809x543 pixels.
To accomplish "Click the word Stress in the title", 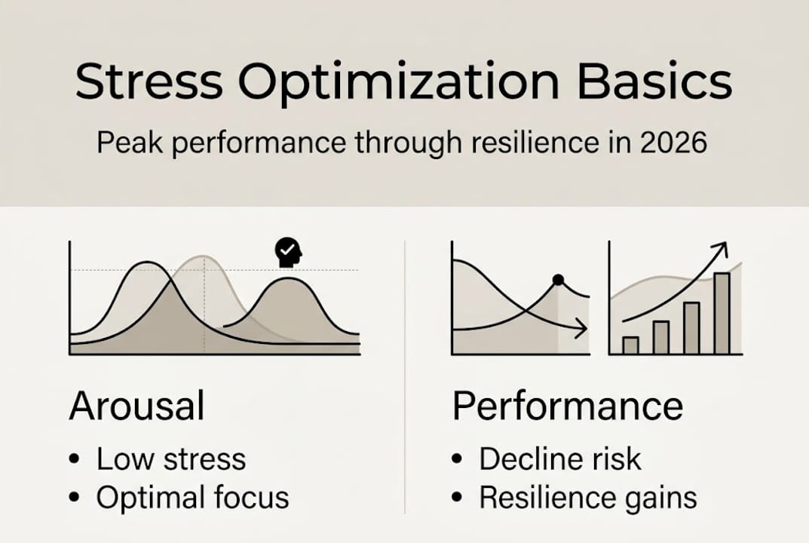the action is tap(149, 81).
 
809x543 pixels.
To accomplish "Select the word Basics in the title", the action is tap(654, 81).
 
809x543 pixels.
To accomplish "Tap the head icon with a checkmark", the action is tap(289, 253).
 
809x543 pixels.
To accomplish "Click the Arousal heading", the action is tap(136, 406).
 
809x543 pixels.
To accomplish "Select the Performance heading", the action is tap(568, 406).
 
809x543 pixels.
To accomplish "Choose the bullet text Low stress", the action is tap(171, 459).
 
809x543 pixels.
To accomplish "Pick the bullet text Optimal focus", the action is tap(193, 498).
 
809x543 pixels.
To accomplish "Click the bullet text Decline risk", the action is tap(560, 459).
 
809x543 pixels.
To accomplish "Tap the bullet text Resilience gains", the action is tap(588, 498).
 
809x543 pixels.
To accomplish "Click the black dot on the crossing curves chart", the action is tap(558, 281).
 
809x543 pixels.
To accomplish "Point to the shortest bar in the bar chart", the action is tap(630, 345).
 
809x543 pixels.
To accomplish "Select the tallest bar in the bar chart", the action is tap(722, 313).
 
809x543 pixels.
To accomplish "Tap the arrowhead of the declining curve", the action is tap(581, 328).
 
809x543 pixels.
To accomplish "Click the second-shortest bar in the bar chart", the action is tap(661, 338).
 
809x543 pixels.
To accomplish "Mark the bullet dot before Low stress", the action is tap(75, 459).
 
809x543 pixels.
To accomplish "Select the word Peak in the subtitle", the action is tap(130, 142).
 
